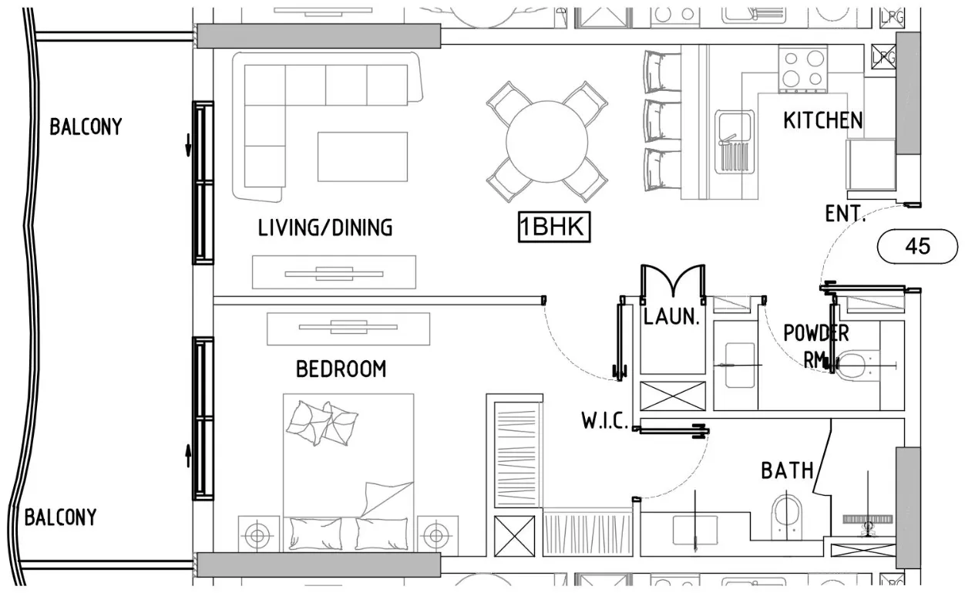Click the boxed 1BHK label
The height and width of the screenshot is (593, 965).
553,227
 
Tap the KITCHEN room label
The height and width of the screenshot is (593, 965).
823,120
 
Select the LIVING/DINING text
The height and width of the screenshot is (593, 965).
325,227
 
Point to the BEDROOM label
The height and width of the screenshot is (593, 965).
341,369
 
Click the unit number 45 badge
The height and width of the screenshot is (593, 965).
918,246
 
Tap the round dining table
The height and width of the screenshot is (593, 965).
547,142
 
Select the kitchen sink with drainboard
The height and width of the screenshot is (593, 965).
734,142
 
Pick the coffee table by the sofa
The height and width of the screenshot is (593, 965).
362,157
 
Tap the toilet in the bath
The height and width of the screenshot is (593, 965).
787,517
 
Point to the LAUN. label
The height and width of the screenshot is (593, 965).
671,317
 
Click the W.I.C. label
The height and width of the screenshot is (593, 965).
605,420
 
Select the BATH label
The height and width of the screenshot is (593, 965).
788,470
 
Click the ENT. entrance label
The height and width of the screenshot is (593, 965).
845,214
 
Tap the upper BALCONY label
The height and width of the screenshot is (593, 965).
86,126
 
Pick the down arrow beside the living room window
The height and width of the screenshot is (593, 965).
188,145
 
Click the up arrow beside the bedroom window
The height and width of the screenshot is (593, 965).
188,456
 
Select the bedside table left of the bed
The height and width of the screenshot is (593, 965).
258,534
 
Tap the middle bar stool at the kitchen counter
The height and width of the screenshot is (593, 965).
662,120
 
